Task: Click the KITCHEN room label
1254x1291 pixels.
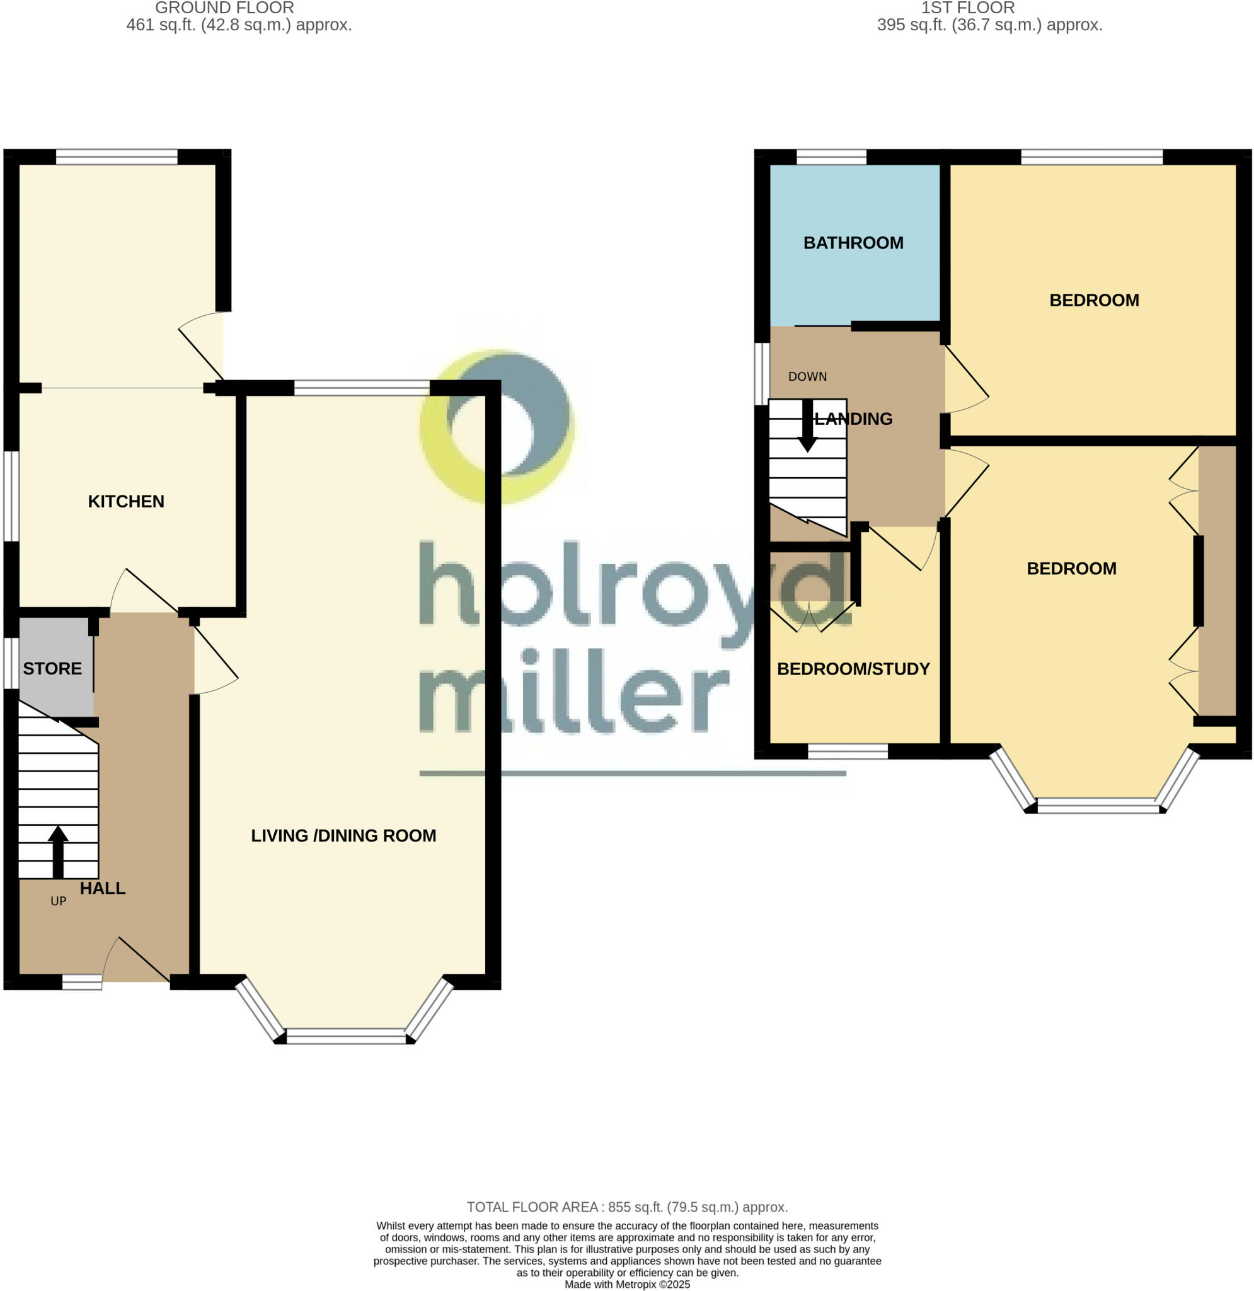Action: click(x=126, y=501)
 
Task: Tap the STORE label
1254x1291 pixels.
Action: click(x=52, y=669)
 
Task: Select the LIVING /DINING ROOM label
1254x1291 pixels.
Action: click(x=343, y=836)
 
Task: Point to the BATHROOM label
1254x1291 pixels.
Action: click(x=853, y=243)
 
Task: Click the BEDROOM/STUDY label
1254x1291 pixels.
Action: click(x=853, y=669)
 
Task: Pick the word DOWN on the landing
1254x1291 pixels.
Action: click(x=807, y=377)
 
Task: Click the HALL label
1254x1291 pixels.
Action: click(x=102, y=889)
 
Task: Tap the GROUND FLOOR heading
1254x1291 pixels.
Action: click(x=224, y=8)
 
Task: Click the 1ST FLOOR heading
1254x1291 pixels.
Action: click(x=967, y=8)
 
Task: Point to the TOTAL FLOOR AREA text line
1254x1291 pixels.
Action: click(x=627, y=1207)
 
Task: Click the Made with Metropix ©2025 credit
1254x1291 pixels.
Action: click(x=627, y=1285)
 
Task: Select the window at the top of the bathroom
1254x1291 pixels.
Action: click(x=831, y=157)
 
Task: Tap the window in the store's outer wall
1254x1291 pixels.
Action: click(x=11, y=663)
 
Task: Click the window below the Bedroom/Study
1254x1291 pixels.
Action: click(x=848, y=751)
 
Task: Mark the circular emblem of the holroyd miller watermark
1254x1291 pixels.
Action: click(x=497, y=427)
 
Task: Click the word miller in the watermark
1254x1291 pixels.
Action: click(x=573, y=692)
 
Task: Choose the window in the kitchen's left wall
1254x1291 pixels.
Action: click(x=11, y=496)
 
